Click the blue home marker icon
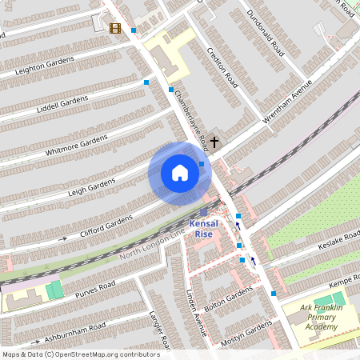pyautogui.click(x=179, y=173)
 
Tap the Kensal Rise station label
pyautogui.click(x=202, y=228)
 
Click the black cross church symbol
pyautogui.click(x=214, y=142)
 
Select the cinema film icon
pyautogui.click(x=116, y=29)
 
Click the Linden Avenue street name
pyautogui.click(x=196, y=314)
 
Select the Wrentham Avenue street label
pyautogui.click(x=286, y=104)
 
